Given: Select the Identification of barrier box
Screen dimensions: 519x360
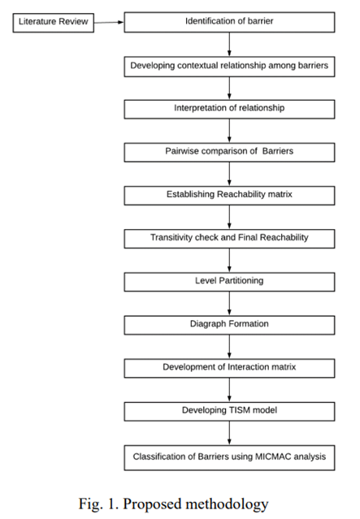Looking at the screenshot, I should pos(229,21).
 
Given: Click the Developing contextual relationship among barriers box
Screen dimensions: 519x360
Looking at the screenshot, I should pos(229,65).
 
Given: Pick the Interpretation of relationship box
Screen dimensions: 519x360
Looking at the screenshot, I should pos(229,108).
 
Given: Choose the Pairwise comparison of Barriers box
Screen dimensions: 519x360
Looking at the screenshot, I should pos(229,152).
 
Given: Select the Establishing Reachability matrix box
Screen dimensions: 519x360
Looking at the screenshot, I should pos(229,195).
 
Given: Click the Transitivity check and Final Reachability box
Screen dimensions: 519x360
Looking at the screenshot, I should pos(229,239).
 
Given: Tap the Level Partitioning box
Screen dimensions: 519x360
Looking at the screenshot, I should pos(229,282).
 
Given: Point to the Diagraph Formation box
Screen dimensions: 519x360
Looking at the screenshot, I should pos(229,325).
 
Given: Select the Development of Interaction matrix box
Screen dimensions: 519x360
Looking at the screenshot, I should pos(229,368).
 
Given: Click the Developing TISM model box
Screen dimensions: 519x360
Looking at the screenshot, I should pos(229,411).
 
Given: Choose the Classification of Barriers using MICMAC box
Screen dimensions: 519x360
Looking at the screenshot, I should pos(229,456).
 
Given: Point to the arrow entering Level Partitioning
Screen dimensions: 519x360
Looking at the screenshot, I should pos(229,261).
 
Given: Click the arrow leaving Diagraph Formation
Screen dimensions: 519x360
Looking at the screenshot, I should pos(229,347).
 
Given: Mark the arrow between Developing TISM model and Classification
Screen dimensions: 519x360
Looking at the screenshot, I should pos(229,433).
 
